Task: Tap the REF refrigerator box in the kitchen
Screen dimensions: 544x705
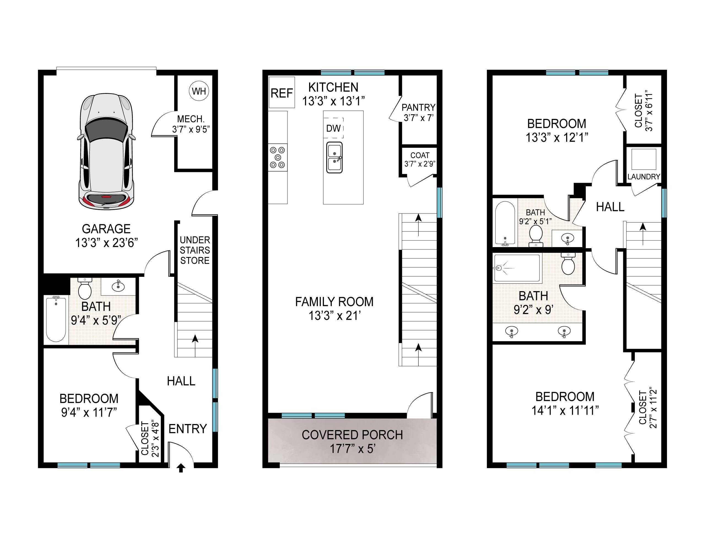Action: click(282, 93)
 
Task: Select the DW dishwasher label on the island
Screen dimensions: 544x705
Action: click(333, 128)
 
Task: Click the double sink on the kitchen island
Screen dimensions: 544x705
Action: click(334, 157)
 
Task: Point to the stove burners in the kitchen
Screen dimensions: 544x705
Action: click(278, 157)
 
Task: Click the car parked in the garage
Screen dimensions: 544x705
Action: click(106, 152)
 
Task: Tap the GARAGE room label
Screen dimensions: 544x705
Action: click(106, 229)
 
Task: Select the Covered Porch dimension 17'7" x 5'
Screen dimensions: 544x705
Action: click(352, 449)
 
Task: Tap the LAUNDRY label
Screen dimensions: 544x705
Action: click(644, 177)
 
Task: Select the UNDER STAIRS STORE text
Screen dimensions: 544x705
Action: click(195, 250)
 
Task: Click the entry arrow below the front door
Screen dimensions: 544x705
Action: click(181, 468)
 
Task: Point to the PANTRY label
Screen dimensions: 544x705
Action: click(418, 107)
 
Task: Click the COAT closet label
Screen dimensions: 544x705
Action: click(420, 155)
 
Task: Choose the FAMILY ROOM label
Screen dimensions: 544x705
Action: click(334, 302)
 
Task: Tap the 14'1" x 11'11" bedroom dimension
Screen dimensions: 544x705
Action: click(565, 411)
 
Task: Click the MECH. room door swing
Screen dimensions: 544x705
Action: click(162, 124)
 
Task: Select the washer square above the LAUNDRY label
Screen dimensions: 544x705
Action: click(644, 159)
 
